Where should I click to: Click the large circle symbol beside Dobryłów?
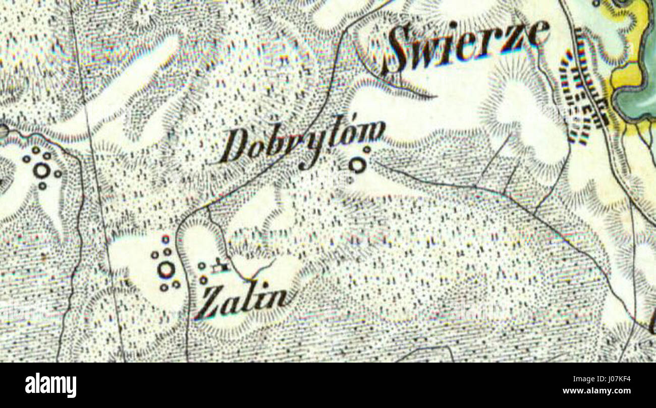tap(357, 164)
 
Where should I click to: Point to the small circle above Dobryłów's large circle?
tap(367, 149)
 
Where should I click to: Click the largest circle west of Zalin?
tap(166, 270)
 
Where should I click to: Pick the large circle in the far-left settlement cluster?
tap(42, 170)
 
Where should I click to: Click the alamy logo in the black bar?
tap(51, 385)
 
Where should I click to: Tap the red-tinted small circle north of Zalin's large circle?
tap(166, 239)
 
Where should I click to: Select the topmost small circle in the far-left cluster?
tap(36, 150)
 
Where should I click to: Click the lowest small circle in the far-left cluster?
tap(42, 186)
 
